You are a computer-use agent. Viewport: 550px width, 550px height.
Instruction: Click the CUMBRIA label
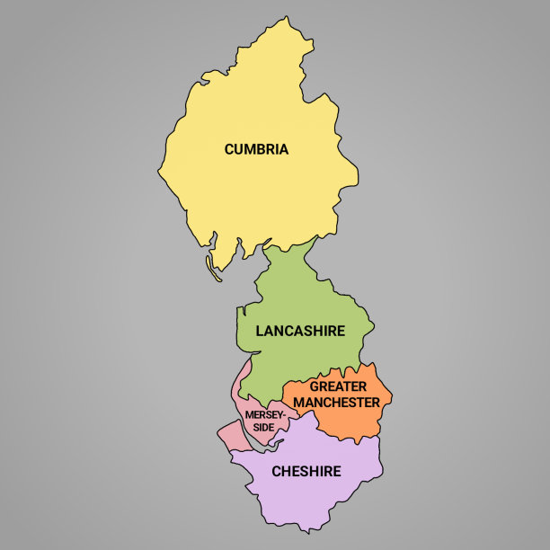coord(256,149)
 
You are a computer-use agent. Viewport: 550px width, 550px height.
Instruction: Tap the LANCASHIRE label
coord(300,331)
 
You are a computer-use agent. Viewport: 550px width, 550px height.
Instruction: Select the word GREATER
coord(338,387)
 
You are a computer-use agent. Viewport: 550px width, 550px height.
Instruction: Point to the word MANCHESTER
coord(336,403)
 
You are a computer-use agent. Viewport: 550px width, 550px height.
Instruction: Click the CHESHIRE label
coord(306,471)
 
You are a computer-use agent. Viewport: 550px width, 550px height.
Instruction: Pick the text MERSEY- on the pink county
coord(264,415)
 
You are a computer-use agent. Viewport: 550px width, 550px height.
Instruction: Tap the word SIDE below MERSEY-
coord(262,427)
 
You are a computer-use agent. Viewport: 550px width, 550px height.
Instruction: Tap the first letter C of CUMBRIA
coord(229,149)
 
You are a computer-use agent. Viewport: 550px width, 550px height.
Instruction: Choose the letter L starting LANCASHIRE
coord(260,331)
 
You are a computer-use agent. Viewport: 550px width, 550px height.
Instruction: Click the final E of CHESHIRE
coord(337,471)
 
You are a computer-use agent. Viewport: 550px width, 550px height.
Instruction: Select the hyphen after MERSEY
coord(283,415)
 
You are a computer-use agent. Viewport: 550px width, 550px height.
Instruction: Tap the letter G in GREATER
coord(315,387)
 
